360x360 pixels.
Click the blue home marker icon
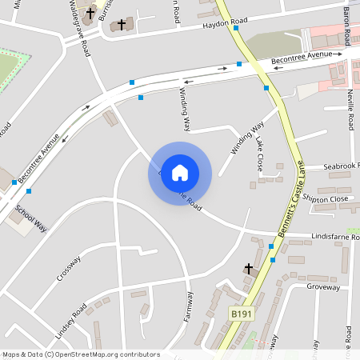[180, 173]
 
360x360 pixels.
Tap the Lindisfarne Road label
[322, 238]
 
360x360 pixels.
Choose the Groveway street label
[323, 286]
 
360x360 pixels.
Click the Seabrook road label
[342, 166]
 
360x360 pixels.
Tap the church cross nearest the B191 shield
[248, 268]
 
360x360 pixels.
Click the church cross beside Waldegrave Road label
[90, 14]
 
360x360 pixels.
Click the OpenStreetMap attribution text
[81, 354]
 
